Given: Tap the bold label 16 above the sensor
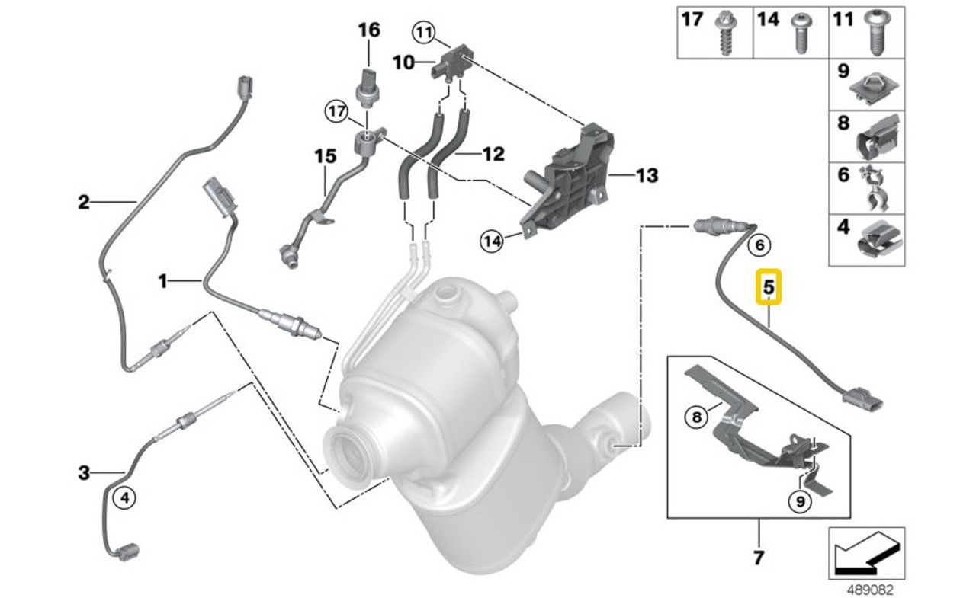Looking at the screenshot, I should coord(368,30).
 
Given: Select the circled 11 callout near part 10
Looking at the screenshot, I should coord(423,32).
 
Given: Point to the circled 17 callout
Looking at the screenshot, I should coord(338,112).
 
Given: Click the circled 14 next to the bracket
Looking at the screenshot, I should coord(492,241).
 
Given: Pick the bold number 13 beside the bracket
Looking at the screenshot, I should coord(647,176).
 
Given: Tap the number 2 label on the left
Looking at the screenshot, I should coord(84,202).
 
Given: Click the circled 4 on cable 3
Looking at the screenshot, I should coord(125,498).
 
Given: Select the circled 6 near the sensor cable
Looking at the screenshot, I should coord(759,245).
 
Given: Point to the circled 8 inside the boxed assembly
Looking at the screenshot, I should coord(695,417).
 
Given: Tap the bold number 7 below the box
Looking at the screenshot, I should coord(758,558).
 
